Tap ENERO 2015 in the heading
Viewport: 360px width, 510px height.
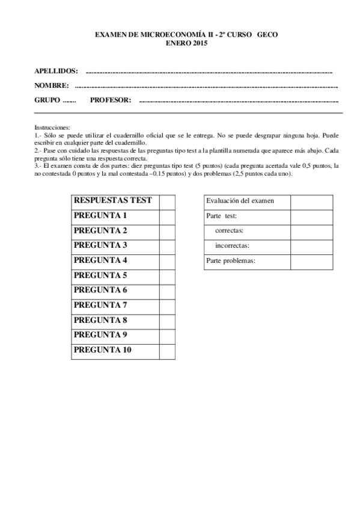[x=186, y=44]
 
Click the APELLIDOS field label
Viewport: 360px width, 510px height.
[x=56, y=71]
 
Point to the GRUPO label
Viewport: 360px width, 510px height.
[x=47, y=100]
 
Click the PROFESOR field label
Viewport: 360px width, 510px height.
[x=110, y=100]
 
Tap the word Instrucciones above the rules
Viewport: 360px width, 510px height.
[x=52, y=127]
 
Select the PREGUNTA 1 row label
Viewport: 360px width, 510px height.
[x=100, y=216]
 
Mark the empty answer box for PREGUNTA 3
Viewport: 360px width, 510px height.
[x=167, y=245]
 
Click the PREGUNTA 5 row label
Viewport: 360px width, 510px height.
[x=100, y=275]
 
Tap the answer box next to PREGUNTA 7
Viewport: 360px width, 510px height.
[x=167, y=305]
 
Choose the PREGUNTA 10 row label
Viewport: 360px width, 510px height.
[x=102, y=349]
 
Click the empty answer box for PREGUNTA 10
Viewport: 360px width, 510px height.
[x=167, y=350]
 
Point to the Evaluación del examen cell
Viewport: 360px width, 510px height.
[x=240, y=201]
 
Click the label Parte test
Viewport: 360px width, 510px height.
[x=221, y=216]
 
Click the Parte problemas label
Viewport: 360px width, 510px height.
[x=231, y=261]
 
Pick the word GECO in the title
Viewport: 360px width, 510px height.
[x=267, y=36]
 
